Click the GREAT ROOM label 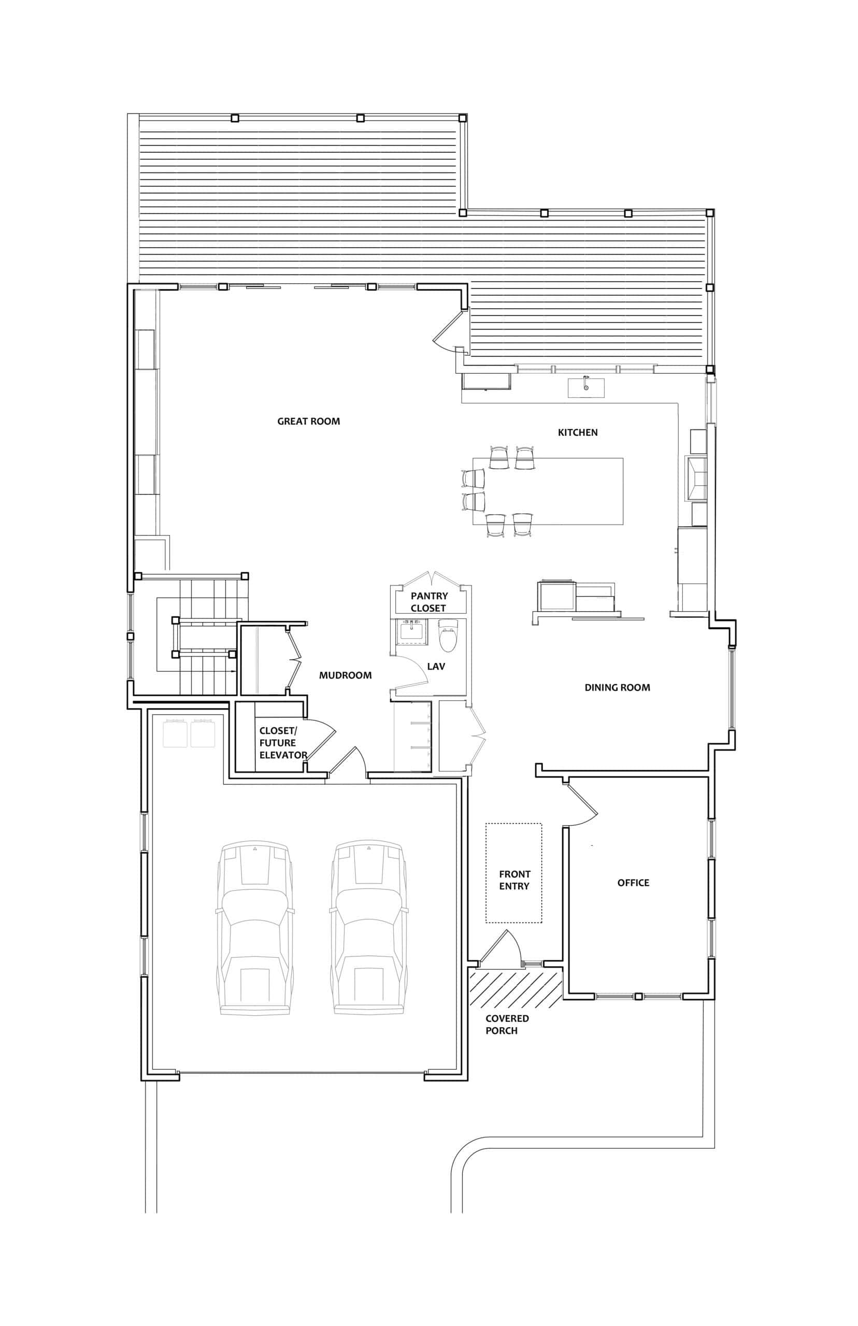point(309,422)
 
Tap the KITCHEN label point(578,432)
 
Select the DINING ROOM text point(617,688)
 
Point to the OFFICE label point(634,883)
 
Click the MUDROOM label point(346,675)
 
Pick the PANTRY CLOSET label point(429,602)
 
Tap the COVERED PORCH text point(507,1025)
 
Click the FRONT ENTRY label point(514,880)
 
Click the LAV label point(436,667)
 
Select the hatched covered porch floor point(516,987)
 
